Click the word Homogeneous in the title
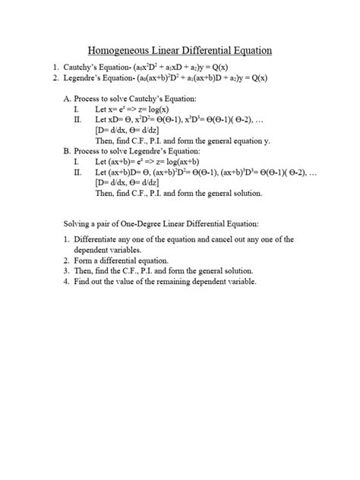tap(120, 51)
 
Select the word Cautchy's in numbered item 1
tap(86, 67)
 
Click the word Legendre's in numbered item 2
tap(88, 77)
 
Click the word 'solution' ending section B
tap(245, 193)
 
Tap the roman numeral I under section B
tap(76, 162)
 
